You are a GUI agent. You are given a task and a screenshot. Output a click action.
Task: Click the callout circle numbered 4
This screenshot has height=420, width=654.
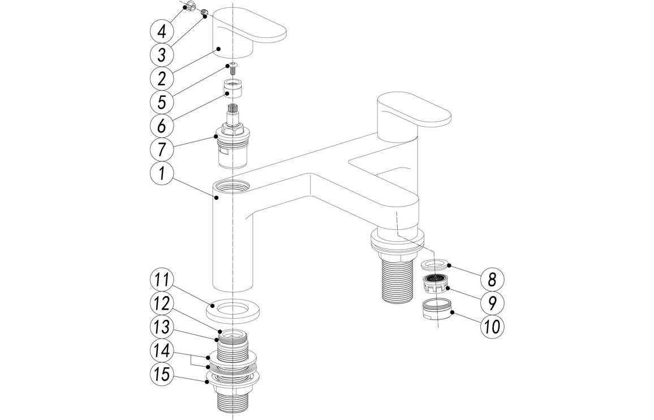162,31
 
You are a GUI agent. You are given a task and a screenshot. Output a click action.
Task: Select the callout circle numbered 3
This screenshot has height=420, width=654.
162,55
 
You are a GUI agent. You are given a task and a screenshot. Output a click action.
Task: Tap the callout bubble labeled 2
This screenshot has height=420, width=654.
162,79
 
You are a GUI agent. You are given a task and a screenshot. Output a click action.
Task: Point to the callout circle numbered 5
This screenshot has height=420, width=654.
162,102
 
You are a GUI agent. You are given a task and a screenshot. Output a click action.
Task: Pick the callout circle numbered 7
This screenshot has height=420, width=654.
162,150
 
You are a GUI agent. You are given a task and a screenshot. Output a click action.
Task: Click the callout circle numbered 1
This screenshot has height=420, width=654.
162,174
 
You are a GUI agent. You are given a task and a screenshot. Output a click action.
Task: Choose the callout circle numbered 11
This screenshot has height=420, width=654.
162,281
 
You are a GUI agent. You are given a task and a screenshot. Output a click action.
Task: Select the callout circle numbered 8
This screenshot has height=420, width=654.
492,279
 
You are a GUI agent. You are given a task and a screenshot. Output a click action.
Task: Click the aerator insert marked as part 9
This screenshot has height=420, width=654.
435,284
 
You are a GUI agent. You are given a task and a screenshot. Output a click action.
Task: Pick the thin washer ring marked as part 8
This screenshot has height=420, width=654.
435,264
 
